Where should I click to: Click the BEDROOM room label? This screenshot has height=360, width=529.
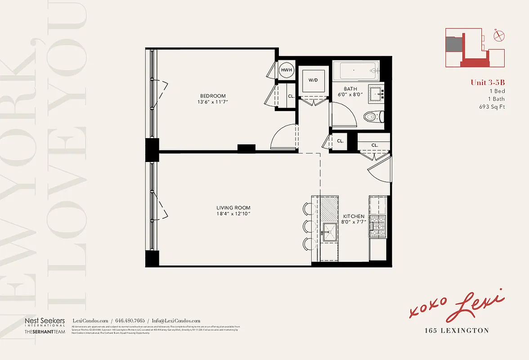pos(213,96)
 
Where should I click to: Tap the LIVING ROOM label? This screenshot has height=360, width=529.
pos(233,207)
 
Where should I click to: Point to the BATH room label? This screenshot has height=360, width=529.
pos(350,89)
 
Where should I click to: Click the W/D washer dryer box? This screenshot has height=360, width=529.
pos(313,81)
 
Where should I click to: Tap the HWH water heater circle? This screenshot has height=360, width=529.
pos(287,70)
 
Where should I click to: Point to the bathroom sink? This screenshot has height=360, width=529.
pos(375,94)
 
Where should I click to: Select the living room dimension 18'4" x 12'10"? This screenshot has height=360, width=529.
pos(233,214)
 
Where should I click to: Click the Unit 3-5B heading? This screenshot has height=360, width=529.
pos(488,82)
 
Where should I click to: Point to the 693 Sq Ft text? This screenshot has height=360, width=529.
pos(492,107)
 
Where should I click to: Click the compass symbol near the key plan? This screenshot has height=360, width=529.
pos(499,36)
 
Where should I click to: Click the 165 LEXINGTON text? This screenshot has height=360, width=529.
pos(457,331)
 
